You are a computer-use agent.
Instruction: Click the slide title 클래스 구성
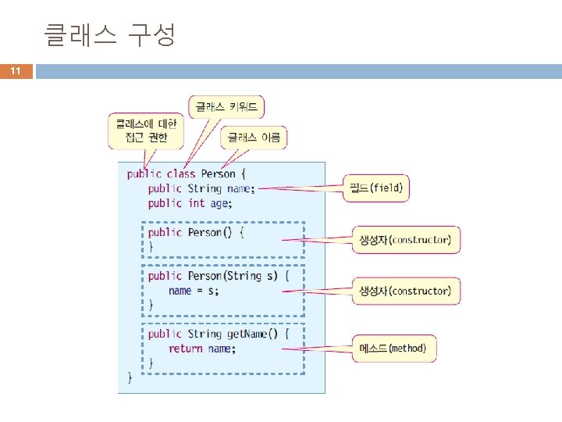[110, 34]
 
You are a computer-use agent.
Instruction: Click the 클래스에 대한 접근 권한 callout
[146, 131]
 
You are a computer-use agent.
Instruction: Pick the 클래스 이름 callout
[255, 138]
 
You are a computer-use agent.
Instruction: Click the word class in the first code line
[181, 174]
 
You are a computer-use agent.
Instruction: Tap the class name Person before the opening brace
[218, 174]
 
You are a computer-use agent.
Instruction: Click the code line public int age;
[190, 203]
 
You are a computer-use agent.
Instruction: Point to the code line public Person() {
[196, 232]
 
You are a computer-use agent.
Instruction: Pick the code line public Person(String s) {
[219, 276]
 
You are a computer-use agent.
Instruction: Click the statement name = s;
[194, 291]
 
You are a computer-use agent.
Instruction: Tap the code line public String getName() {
[219, 334]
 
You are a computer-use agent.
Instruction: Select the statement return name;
[201, 349]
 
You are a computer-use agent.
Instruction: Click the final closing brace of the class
[130, 377]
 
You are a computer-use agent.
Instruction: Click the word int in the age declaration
[196, 203]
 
